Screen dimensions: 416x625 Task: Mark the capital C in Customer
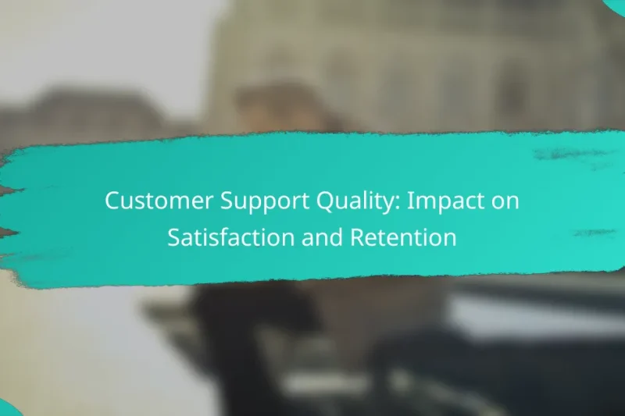pos(112,201)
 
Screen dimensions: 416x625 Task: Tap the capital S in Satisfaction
pos(173,238)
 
